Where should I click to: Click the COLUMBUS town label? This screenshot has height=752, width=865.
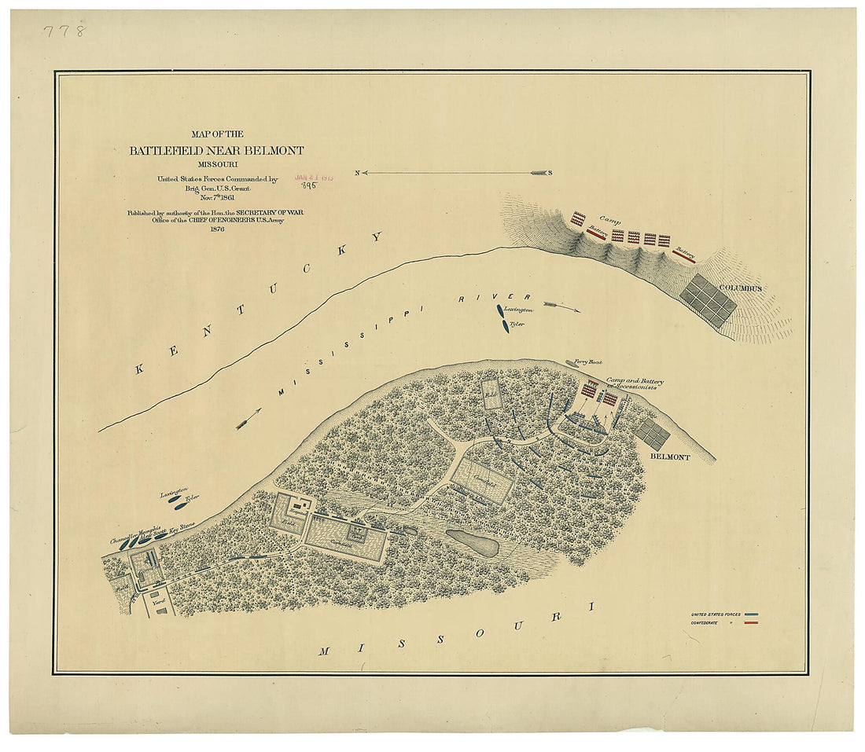point(740,288)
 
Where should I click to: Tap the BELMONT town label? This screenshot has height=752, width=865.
point(669,457)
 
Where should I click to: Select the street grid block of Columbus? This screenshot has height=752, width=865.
point(709,300)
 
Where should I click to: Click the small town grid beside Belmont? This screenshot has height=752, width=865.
point(653,434)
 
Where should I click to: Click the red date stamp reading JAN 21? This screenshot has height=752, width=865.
point(314,178)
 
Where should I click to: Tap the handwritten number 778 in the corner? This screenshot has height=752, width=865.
point(64,31)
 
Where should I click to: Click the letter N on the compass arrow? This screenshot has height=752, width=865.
point(357,173)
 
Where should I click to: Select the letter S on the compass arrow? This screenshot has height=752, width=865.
point(550,173)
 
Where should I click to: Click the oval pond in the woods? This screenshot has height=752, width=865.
point(472,542)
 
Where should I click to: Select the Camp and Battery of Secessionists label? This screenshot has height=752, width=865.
point(634,383)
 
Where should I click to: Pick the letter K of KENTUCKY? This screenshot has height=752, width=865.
point(141,368)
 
